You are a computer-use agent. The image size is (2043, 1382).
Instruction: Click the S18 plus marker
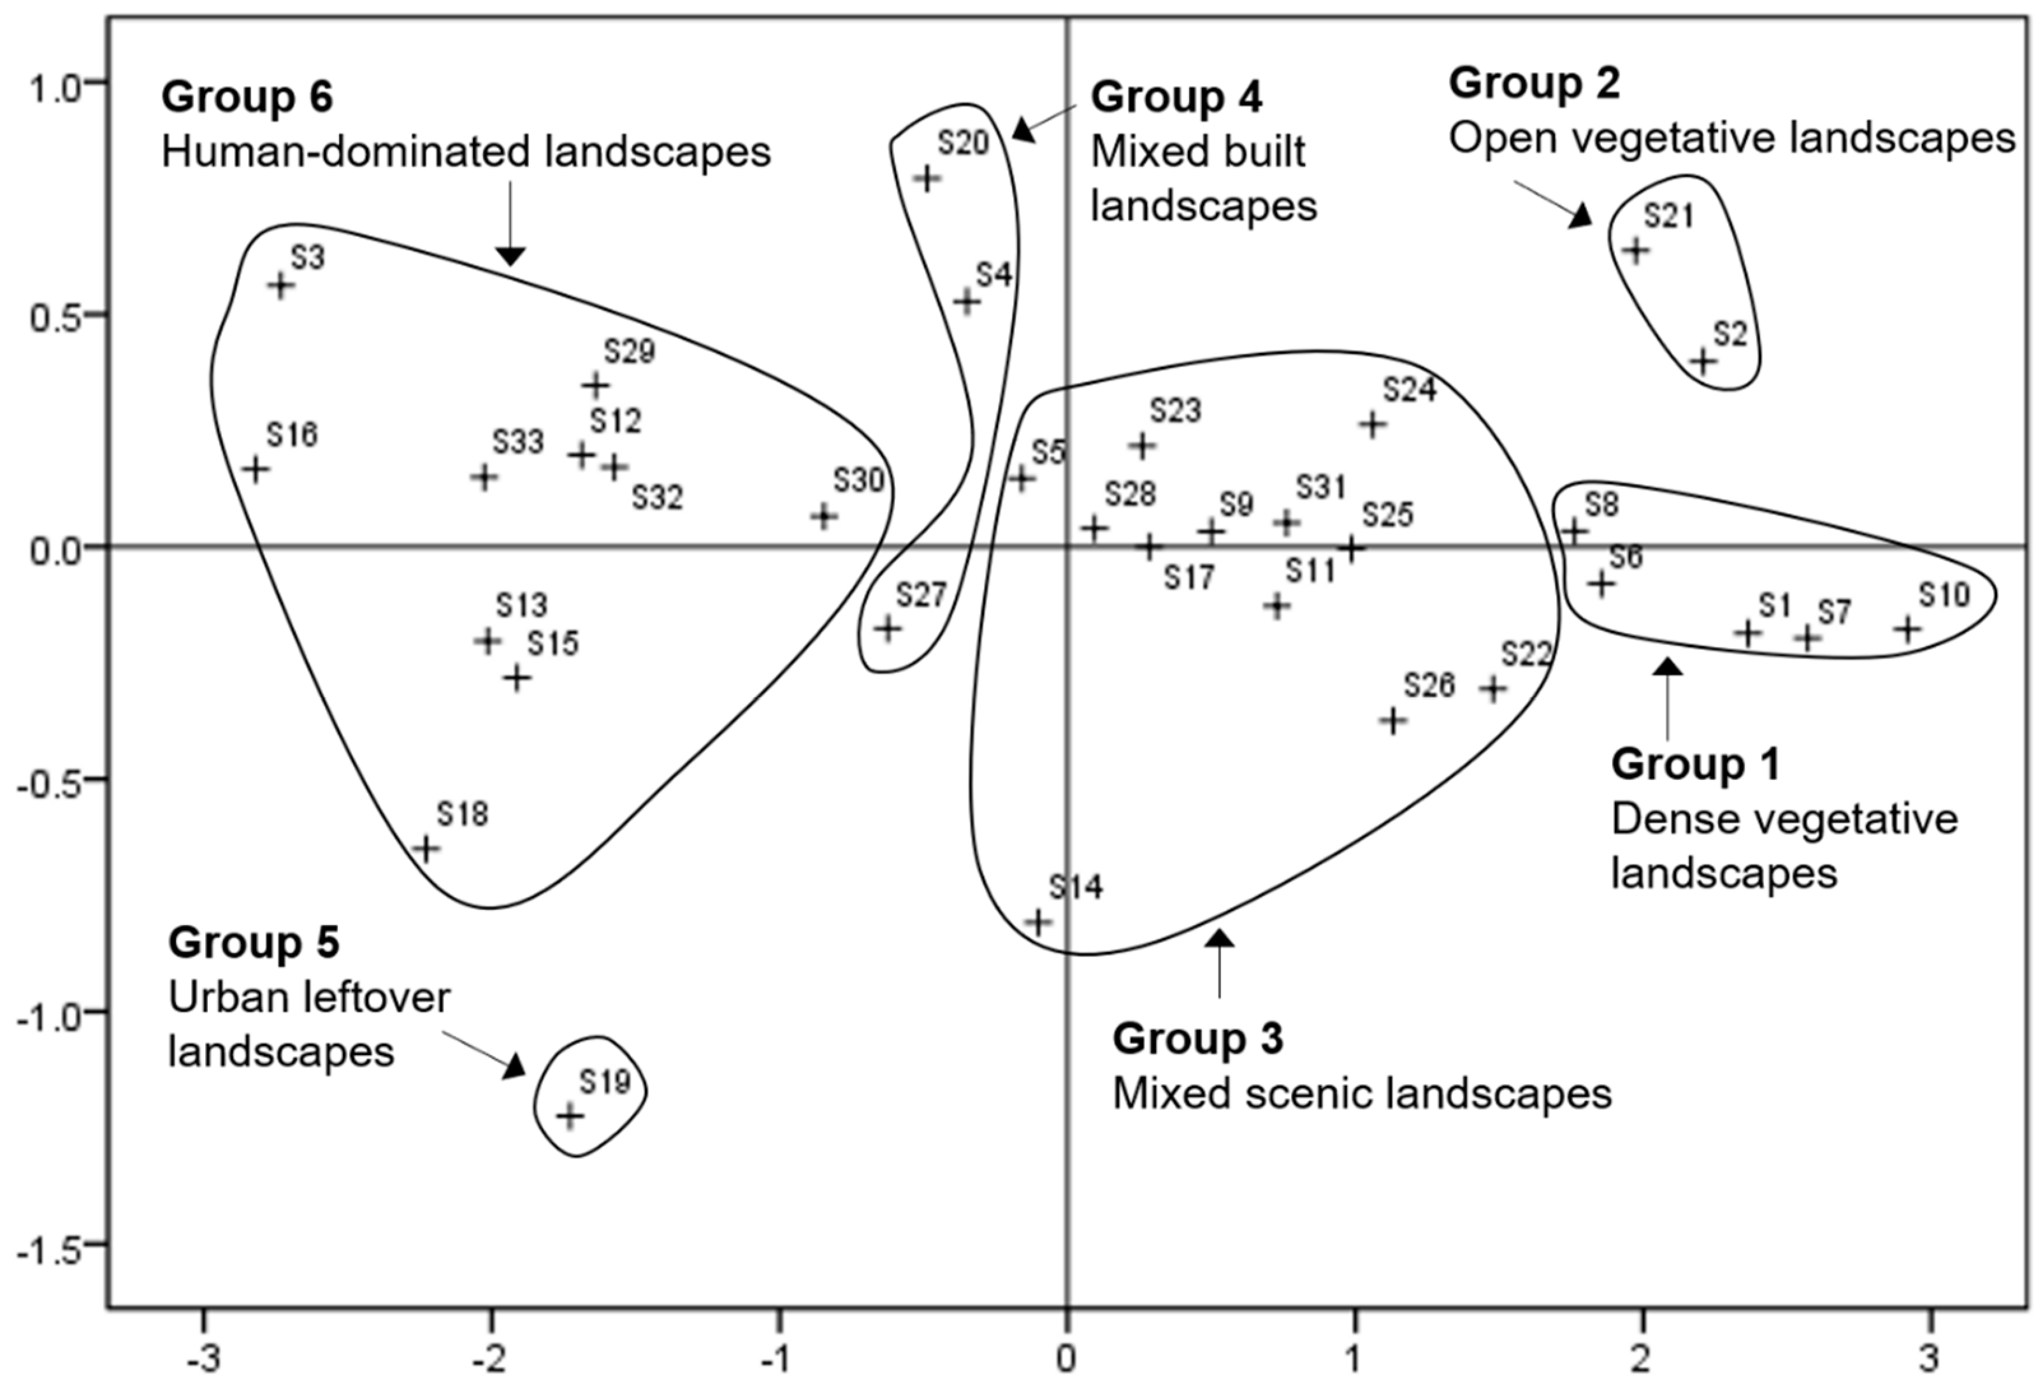click(426, 849)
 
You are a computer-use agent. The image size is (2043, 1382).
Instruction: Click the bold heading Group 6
click(247, 97)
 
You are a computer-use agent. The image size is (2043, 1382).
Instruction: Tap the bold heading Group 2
click(1534, 83)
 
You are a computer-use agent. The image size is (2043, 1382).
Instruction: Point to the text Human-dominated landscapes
click(466, 152)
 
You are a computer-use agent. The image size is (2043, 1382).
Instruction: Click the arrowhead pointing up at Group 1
click(1668, 666)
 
